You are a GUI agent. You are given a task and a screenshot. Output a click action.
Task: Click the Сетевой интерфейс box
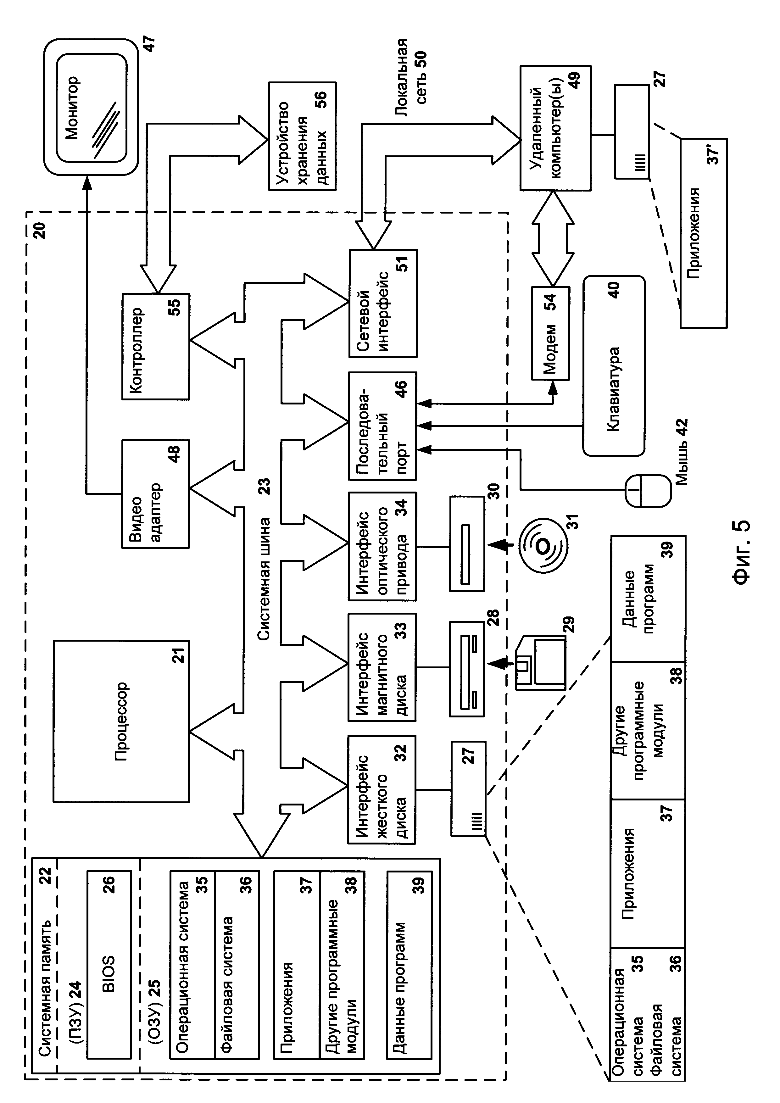click(382, 303)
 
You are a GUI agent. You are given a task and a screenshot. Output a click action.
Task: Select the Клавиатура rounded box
click(613, 365)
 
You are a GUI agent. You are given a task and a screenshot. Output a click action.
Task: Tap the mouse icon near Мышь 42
click(648, 490)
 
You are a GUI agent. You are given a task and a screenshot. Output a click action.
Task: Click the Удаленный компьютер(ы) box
click(555, 128)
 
